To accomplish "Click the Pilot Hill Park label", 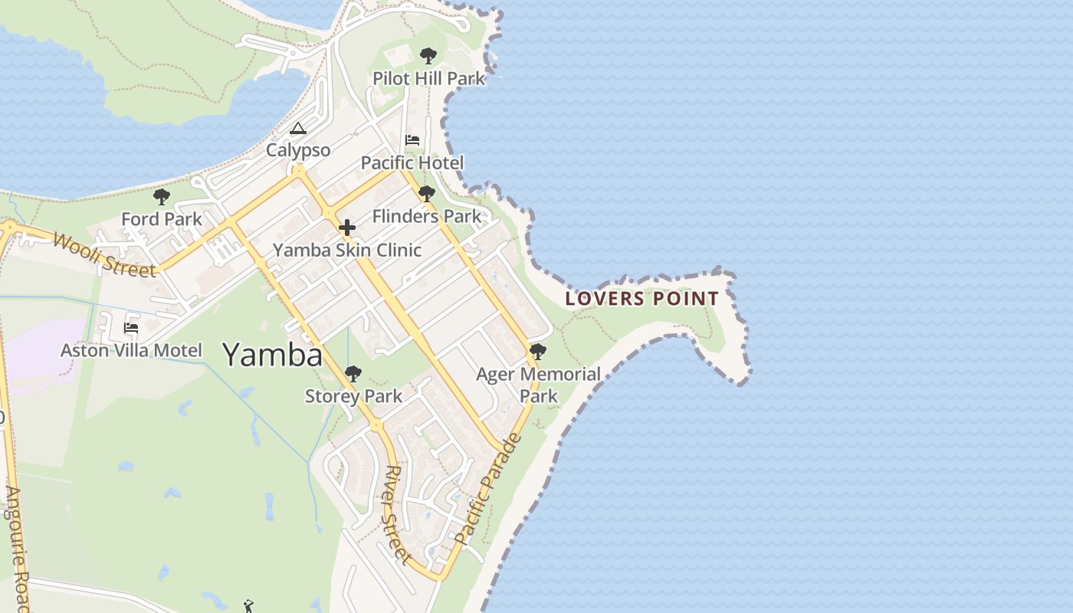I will point(429,78).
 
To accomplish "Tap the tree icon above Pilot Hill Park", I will point(428,56).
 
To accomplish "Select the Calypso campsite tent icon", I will point(298,128).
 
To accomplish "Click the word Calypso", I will point(298,150).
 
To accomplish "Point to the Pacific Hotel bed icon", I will point(412,140).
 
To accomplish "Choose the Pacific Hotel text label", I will point(412,162).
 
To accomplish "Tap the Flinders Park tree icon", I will point(427,194).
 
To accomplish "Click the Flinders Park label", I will point(427,217).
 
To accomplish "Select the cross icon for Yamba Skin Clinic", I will point(347,228).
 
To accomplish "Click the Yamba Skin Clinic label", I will point(347,250).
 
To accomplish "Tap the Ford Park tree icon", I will point(162,197).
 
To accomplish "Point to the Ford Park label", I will point(162,219).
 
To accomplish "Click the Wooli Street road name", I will point(104,254).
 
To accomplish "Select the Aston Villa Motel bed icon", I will point(131,328).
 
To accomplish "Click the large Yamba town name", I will point(273,355).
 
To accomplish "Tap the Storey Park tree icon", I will point(353,374).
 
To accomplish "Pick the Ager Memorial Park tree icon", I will point(538,352).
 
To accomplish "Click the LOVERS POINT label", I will point(642,299).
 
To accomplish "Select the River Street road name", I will point(398,514).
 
